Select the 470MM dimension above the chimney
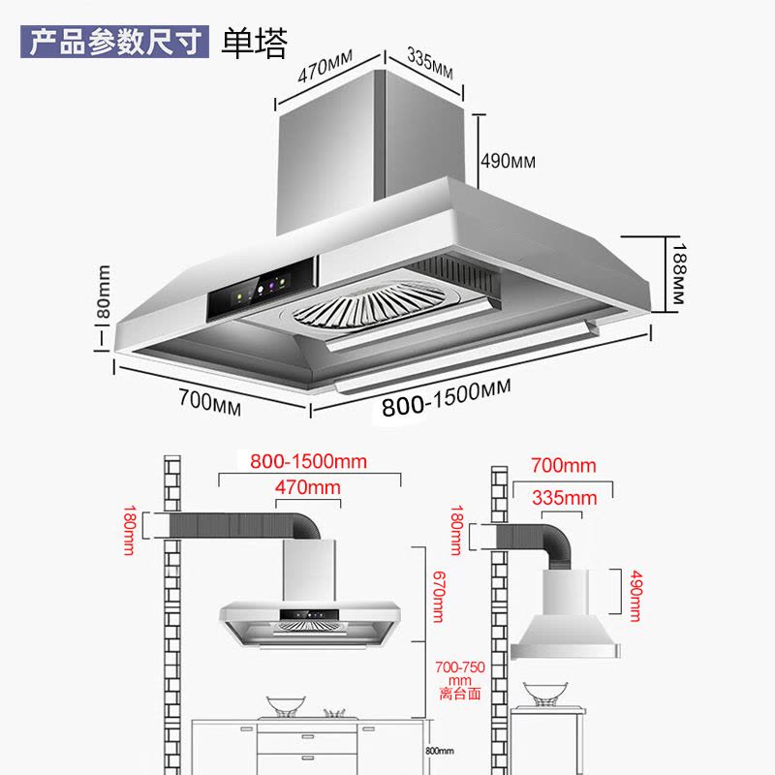click(325, 74)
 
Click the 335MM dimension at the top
click(429, 63)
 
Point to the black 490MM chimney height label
click(509, 161)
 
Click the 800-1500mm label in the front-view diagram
click(308, 461)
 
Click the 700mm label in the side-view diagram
click(564, 466)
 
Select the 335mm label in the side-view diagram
click(564, 497)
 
